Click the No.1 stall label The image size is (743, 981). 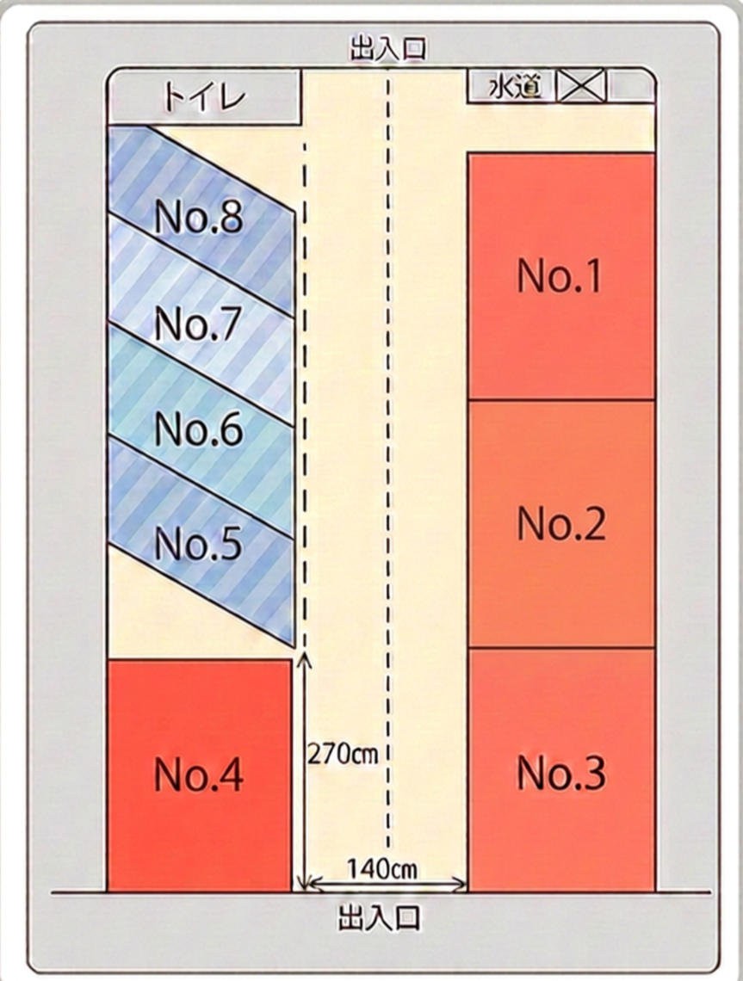(560, 275)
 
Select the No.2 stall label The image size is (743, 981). (561, 523)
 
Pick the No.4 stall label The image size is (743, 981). (198, 774)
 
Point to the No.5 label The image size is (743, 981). (198, 543)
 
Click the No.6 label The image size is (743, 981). (198, 429)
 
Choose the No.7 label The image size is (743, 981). (198, 324)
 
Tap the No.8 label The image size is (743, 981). (198, 217)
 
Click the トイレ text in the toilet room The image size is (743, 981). (204, 98)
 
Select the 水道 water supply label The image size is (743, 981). (514, 86)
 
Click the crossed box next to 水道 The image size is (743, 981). (581, 85)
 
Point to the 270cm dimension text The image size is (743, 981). (343, 755)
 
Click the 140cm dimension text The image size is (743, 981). (381, 868)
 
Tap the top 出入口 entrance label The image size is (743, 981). (388, 49)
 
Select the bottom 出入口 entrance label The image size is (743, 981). (380, 917)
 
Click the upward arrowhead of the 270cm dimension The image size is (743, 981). (304, 657)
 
